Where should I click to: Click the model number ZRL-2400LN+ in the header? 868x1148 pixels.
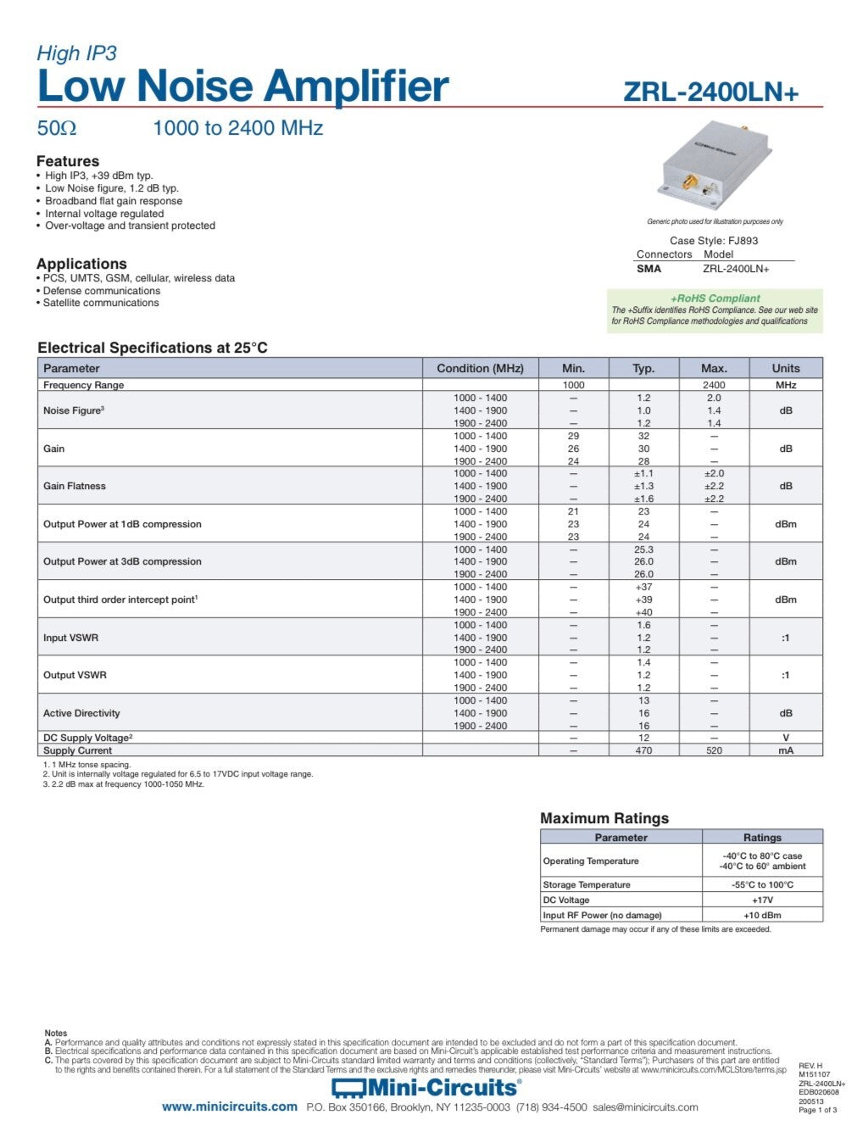coord(710,92)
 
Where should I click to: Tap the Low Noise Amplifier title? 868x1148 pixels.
coord(242,86)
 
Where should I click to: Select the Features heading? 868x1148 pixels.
coord(68,161)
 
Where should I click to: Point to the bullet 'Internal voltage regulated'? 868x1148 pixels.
coord(104,214)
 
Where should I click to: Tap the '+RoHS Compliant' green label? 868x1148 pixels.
coord(715,298)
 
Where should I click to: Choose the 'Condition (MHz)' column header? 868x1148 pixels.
coord(480,368)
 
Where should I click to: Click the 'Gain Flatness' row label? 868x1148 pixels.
coord(75,486)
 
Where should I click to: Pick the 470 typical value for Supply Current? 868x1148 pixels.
coord(643,750)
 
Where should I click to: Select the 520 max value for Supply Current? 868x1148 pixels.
coord(714,750)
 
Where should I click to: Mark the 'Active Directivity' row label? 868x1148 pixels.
coord(81,713)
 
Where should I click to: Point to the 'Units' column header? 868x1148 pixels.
coord(785,368)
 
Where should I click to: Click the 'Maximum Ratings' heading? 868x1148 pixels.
coord(604,818)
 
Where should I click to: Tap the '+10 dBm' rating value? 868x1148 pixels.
coord(762,915)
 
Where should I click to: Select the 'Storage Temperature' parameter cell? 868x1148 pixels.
coord(587,884)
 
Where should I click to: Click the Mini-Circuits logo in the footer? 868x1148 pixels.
coord(426,1088)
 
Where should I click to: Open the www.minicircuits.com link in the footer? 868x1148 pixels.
coord(230,1106)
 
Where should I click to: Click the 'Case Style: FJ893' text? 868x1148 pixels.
coord(714,241)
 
